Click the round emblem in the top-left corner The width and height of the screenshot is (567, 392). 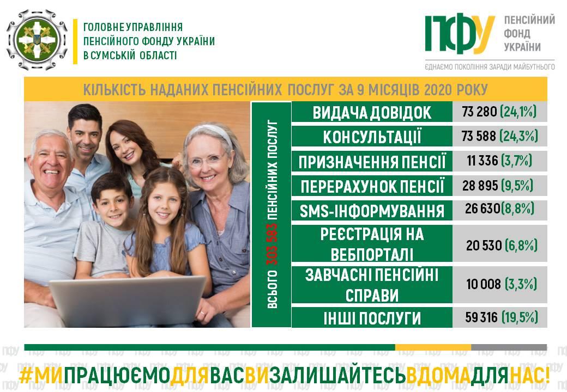[37, 40]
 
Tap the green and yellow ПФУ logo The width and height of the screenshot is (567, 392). [460, 34]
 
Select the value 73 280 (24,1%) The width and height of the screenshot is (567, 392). [499, 112]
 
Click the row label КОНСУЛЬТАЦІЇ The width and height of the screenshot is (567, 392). [372, 137]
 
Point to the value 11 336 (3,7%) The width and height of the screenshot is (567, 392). [499, 161]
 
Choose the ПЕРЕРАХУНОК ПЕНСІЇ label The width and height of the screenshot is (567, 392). [372, 186]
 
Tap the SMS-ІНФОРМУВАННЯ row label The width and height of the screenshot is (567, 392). [372, 211]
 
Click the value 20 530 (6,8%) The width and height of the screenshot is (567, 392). [502, 246]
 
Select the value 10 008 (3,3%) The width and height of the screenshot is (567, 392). [502, 284]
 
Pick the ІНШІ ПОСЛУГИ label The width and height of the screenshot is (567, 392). [372, 318]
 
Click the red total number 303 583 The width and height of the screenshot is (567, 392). [272, 244]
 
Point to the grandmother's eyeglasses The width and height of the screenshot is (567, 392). [206, 160]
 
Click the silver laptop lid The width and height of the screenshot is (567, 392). [127, 301]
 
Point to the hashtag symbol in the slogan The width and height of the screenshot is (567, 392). [26, 376]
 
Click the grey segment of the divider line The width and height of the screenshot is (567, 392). [509, 347]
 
